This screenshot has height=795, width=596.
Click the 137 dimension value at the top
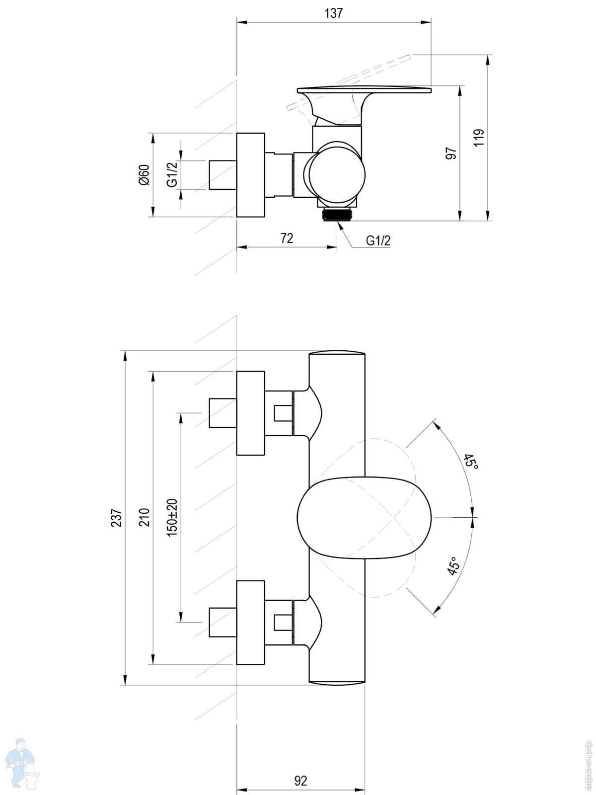[334, 13]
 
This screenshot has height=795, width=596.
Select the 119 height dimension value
[479, 138]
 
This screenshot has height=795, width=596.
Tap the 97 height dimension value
[451, 153]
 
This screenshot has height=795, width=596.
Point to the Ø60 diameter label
[144, 174]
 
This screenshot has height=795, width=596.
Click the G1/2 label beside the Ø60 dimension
[172, 174]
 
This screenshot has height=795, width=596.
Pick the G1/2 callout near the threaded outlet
[378, 241]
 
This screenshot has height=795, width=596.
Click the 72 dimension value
[287, 238]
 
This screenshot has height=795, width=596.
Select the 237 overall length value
[116, 518]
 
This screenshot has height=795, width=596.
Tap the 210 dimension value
[144, 517]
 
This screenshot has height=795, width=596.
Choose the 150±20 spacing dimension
[172, 517]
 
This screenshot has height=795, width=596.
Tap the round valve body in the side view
[337, 174]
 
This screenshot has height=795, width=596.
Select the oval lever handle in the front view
[365, 517]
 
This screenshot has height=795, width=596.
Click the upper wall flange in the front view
[250, 413]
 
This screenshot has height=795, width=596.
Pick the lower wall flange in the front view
[250, 622]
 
